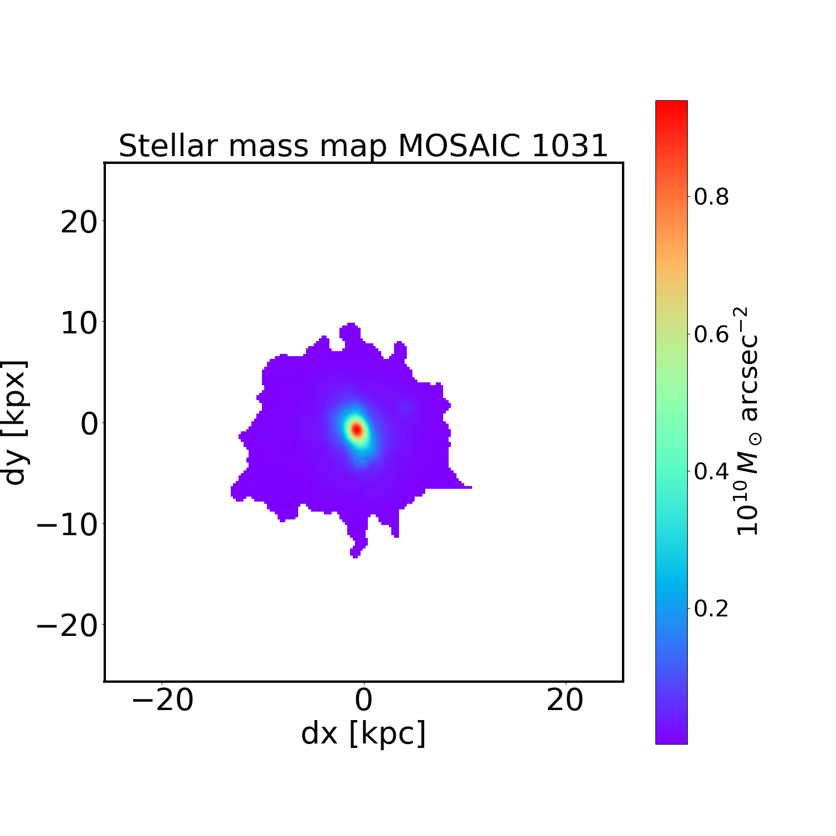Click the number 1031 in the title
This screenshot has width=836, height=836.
tap(569, 146)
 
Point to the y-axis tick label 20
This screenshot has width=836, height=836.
tap(79, 223)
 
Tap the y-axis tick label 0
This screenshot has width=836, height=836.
tap(89, 424)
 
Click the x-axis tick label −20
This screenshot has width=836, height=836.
tap(162, 701)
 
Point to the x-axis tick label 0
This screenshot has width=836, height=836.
tap(363, 701)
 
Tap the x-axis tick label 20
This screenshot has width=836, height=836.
tap(565, 701)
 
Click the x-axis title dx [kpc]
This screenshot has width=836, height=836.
tap(363, 733)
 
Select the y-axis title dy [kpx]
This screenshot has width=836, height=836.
tap(16, 422)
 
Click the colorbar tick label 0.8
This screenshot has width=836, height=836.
tap(711, 197)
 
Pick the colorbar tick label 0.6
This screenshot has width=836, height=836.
tap(711, 334)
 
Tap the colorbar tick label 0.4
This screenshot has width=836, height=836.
tap(711, 472)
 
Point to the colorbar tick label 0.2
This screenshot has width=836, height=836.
tap(711, 609)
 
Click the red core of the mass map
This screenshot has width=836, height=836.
tap(357, 430)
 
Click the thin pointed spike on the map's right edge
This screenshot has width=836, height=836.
tap(466, 487)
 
